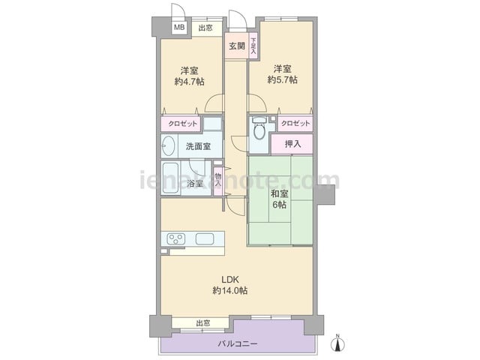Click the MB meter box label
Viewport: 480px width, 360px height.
click(179, 28)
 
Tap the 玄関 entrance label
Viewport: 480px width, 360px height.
click(237, 46)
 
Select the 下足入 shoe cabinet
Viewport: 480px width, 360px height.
click(253, 46)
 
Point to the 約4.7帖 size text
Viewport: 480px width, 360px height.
click(190, 82)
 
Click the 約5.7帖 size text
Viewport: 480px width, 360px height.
click(282, 80)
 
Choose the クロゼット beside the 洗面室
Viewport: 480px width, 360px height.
click(183, 124)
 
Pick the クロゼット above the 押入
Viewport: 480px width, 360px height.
click(295, 123)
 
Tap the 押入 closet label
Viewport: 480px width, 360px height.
click(293, 144)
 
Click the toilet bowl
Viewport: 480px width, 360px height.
click(259, 132)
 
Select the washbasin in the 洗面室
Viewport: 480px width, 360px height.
click(168, 145)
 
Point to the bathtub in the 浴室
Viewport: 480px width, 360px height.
click(170, 178)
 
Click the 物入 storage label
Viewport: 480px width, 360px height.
click(218, 180)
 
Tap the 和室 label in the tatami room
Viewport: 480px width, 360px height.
click(279, 193)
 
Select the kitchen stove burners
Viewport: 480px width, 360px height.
click(175, 238)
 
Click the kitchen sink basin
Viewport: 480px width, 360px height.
click(205, 238)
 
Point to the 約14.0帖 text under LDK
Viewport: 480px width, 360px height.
click(230, 290)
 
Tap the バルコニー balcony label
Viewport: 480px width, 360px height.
click(237, 343)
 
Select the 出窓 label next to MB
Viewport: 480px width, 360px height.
click(205, 28)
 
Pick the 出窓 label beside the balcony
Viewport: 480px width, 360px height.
click(202, 323)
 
